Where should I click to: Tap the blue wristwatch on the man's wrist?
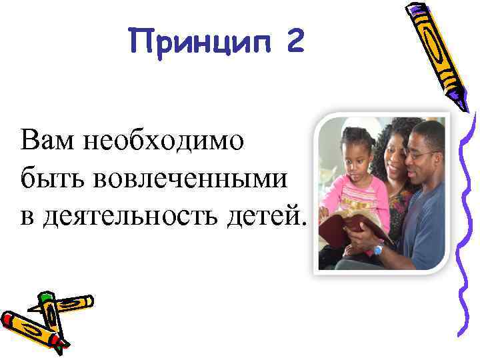tap(379, 249)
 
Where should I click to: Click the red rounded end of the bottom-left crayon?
tap(8, 319)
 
